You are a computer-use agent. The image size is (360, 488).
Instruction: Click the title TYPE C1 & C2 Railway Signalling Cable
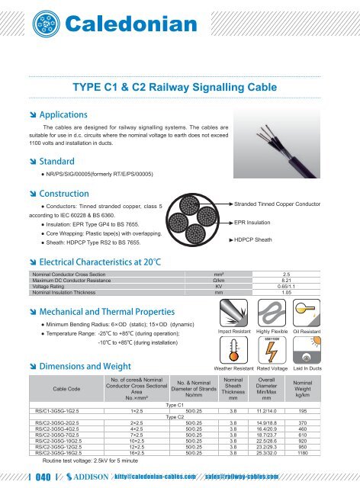[179, 88]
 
